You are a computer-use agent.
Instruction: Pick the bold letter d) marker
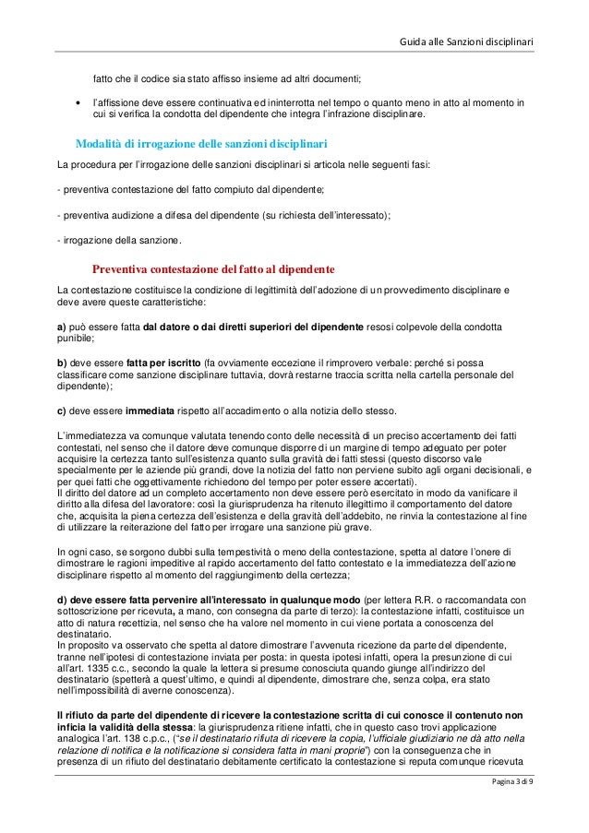coord(63,601)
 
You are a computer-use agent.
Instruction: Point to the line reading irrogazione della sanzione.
coord(121,243)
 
